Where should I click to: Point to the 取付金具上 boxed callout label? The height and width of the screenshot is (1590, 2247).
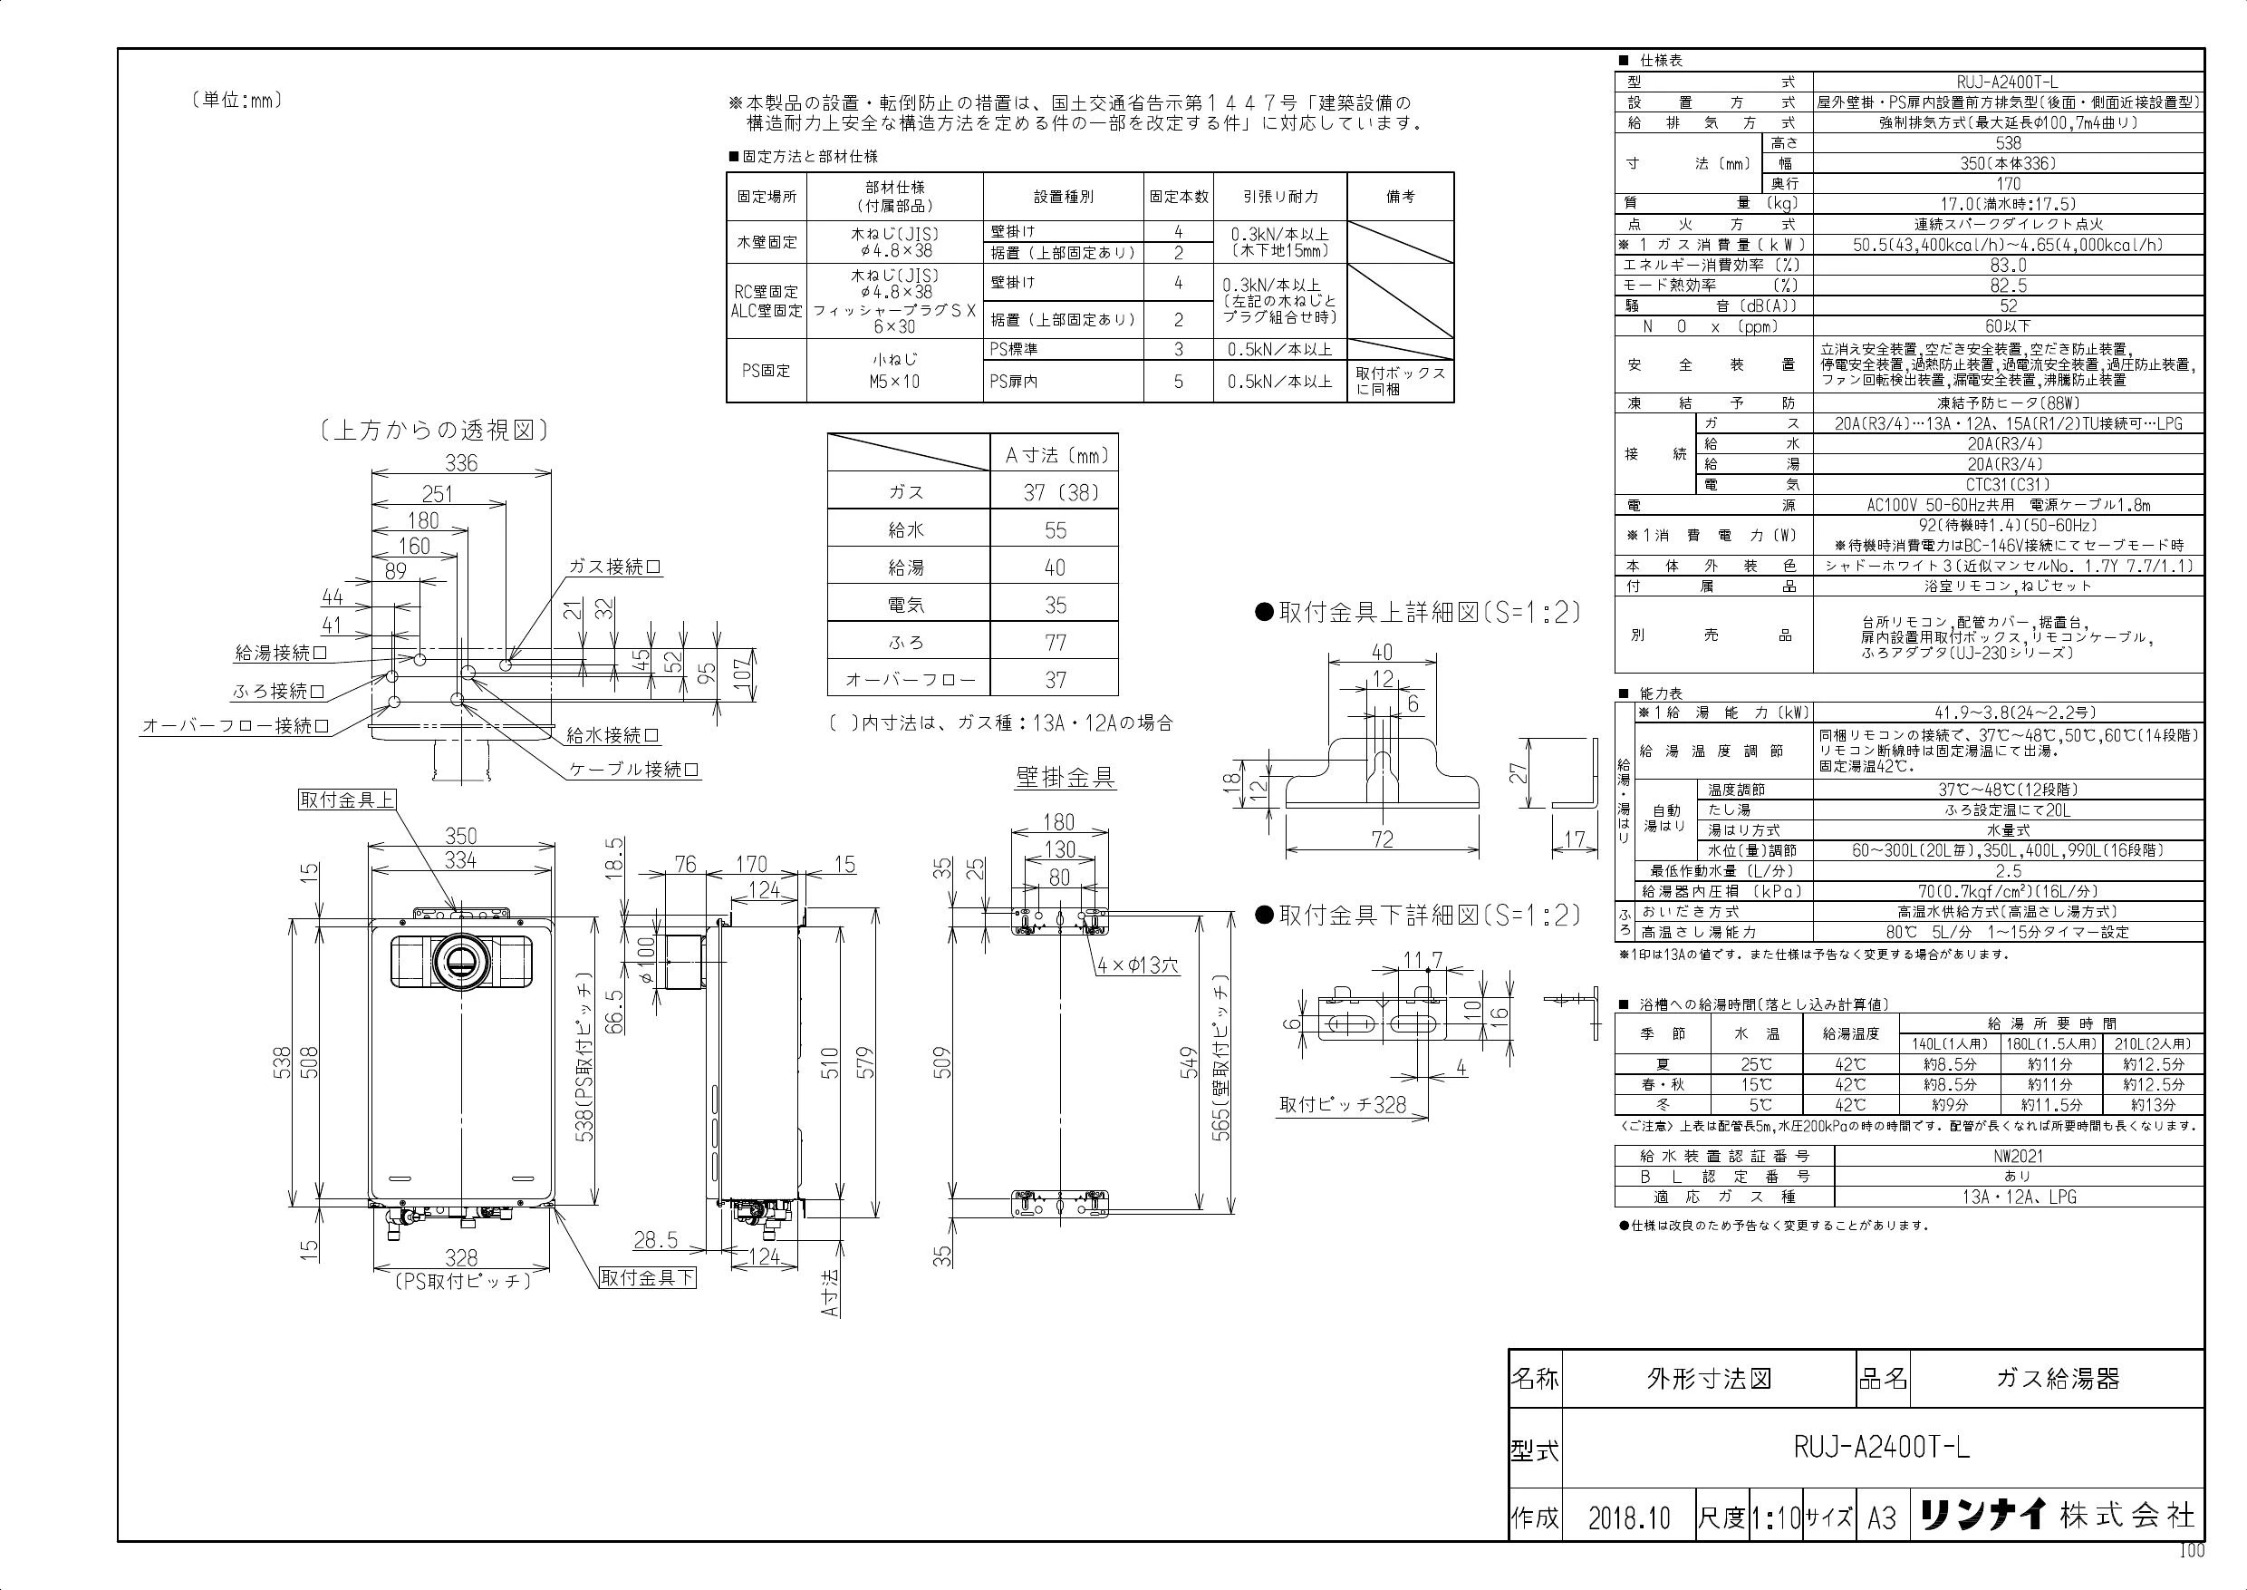(346, 799)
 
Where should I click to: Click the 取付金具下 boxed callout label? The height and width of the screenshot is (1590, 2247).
(648, 1277)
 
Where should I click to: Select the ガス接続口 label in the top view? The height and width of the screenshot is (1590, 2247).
(614, 567)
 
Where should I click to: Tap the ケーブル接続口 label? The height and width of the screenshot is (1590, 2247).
(635, 769)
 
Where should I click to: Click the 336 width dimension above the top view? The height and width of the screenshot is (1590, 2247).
(461, 462)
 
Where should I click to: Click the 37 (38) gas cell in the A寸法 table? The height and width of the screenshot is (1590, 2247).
(1055, 492)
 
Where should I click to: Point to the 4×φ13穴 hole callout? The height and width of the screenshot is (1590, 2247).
(1138, 965)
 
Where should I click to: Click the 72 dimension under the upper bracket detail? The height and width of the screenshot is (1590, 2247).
(1382, 839)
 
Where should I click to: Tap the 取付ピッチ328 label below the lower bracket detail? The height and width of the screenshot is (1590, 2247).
(1343, 1104)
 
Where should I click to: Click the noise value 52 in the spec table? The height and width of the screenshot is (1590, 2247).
(2008, 306)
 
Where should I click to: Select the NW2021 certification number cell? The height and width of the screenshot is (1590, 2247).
(2018, 1155)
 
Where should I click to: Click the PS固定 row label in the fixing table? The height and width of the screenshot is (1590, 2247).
(767, 371)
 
